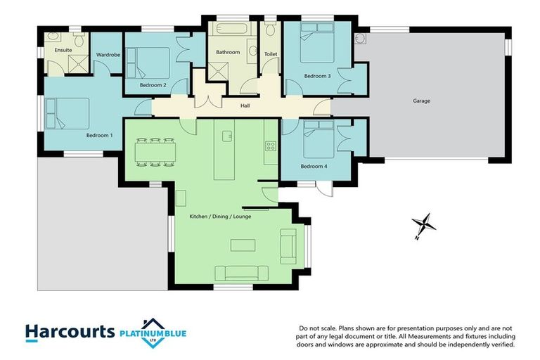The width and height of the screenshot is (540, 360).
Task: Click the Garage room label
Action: [x=421, y=101]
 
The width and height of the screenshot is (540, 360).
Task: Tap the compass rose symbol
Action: [x=425, y=226]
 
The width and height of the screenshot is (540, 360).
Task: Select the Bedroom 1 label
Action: [x=99, y=135]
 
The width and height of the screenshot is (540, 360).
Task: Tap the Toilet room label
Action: [x=271, y=53]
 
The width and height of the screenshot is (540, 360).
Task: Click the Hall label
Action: [x=245, y=106]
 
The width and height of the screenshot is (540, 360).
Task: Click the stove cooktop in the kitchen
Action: [x=271, y=146]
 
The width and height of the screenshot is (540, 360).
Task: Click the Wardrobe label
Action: [x=108, y=54]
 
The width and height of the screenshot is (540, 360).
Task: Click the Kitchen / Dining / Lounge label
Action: [x=220, y=217]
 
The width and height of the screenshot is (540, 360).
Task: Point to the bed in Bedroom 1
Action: [x=67, y=113]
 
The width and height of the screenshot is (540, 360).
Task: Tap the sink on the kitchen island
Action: [x=227, y=134]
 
